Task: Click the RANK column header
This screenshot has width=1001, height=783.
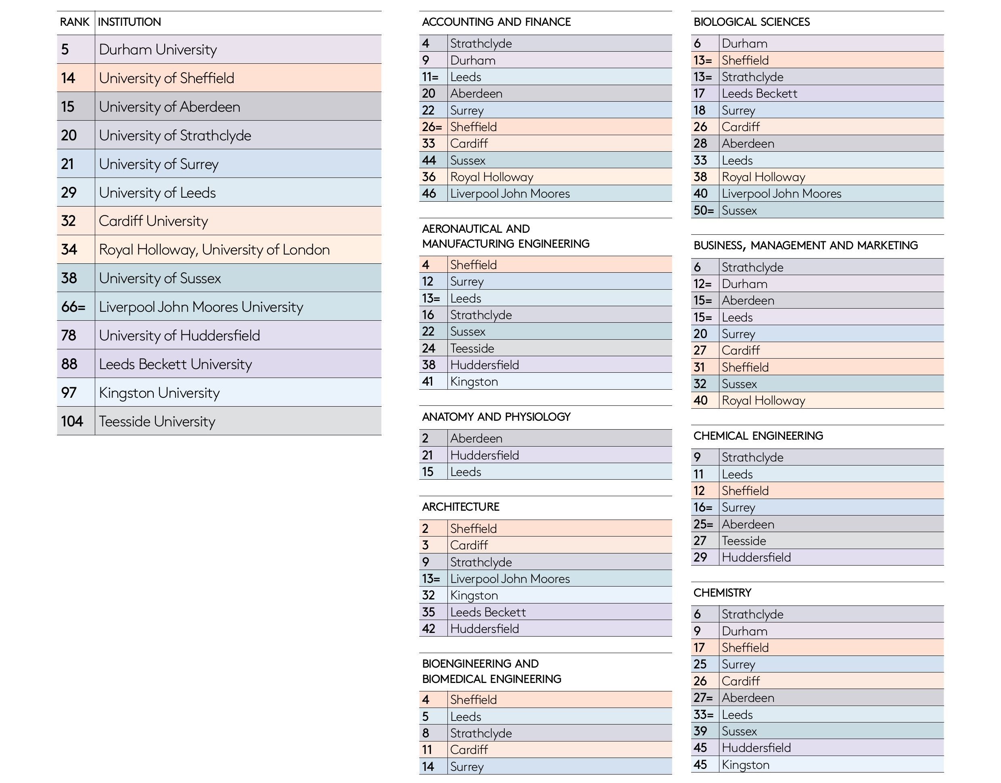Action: tap(74, 22)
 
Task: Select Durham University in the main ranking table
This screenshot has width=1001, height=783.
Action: tap(158, 50)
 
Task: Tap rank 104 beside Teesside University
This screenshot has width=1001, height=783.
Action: tap(72, 421)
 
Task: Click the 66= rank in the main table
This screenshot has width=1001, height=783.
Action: tap(73, 307)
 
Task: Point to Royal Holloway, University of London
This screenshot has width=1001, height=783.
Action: tap(214, 249)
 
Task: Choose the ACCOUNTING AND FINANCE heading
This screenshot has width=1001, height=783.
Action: tap(496, 22)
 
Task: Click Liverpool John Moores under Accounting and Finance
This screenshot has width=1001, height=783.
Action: tap(510, 194)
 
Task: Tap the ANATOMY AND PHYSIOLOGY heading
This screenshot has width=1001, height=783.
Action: tap(496, 417)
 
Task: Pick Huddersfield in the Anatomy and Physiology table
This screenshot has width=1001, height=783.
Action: tap(484, 455)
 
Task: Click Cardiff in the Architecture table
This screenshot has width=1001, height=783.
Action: tap(469, 545)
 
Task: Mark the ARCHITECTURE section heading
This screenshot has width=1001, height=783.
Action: tap(460, 507)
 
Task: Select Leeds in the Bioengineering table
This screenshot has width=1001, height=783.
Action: tap(466, 716)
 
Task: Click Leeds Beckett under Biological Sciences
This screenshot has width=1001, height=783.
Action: tap(759, 94)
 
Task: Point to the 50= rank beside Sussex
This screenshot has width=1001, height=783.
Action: tap(703, 211)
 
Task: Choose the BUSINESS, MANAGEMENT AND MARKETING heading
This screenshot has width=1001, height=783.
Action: tap(805, 246)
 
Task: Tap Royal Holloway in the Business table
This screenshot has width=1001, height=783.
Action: tap(763, 401)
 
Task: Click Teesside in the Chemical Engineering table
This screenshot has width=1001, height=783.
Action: tap(744, 541)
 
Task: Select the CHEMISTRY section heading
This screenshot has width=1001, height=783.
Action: tap(722, 593)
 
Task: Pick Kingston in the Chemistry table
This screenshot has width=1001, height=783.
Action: tap(746, 765)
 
